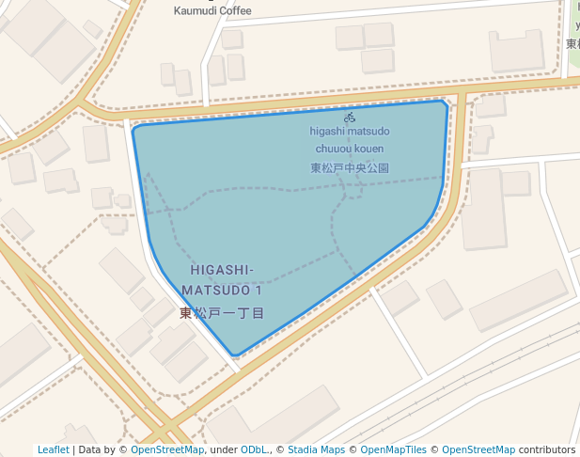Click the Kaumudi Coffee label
click(212, 11)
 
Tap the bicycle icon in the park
click(350, 118)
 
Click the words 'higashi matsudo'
click(350, 132)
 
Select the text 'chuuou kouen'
click(350, 149)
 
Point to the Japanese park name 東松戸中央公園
click(350, 168)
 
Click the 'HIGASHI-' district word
click(222, 271)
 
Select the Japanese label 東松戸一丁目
click(222, 312)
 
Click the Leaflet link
click(53, 449)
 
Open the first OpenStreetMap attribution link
click(167, 449)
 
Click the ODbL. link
click(255, 449)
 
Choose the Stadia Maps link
click(316, 449)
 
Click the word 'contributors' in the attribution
click(547, 449)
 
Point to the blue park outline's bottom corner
click(235, 355)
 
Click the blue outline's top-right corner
click(444, 102)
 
